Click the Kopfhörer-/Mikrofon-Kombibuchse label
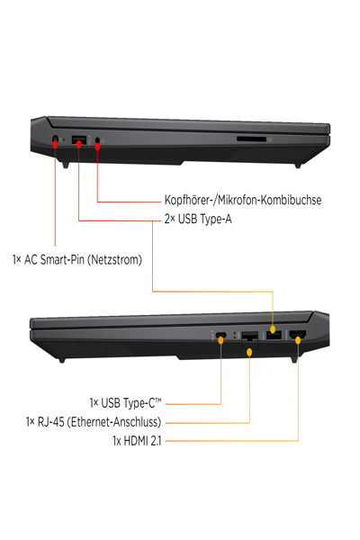point(243,200)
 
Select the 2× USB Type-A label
point(198,219)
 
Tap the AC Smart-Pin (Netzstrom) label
point(77,260)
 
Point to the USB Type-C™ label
point(125,403)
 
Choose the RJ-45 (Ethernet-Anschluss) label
point(94,422)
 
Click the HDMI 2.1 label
point(137,441)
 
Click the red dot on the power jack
point(55,144)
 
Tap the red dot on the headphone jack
point(97,147)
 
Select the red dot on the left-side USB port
point(79,144)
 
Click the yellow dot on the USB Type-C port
point(220,340)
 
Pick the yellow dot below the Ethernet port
point(250,352)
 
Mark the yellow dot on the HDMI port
point(298,340)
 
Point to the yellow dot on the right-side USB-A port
point(273,330)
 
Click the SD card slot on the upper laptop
point(251,139)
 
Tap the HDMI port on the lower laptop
point(298,335)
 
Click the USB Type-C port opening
point(220,335)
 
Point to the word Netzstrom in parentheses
point(114,260)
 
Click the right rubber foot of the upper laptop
point(298,166)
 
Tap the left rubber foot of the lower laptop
point(62,360)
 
